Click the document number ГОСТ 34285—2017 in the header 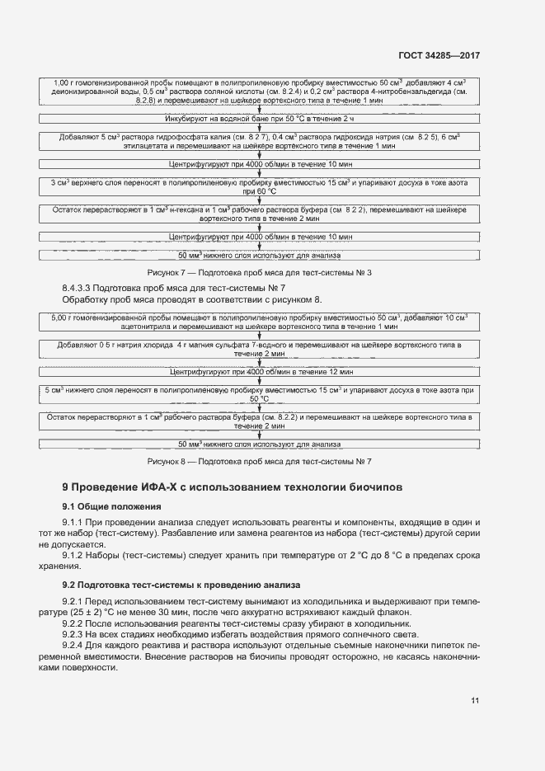click(438, 55)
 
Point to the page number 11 click(476, 701)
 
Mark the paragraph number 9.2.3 click(77, 634)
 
